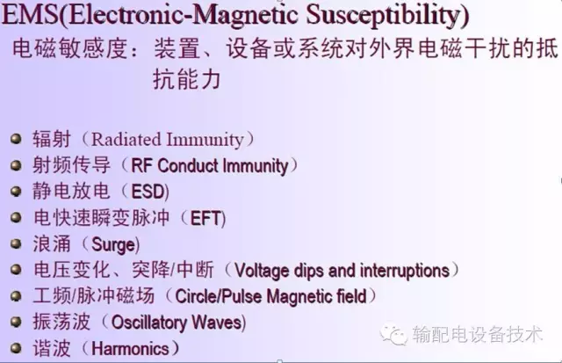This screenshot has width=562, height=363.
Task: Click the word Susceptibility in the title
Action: [386, 16]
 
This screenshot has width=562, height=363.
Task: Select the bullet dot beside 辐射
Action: [17, 139]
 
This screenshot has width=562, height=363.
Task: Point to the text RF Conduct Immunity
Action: [209, 165]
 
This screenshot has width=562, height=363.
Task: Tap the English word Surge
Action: [114, 244]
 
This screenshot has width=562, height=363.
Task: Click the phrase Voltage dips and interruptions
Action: [342, 271]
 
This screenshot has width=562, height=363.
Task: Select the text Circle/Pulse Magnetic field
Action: [271, 297]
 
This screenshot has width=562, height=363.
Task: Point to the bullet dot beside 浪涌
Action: [17, 244]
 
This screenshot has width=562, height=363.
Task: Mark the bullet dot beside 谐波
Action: [17, 348]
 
